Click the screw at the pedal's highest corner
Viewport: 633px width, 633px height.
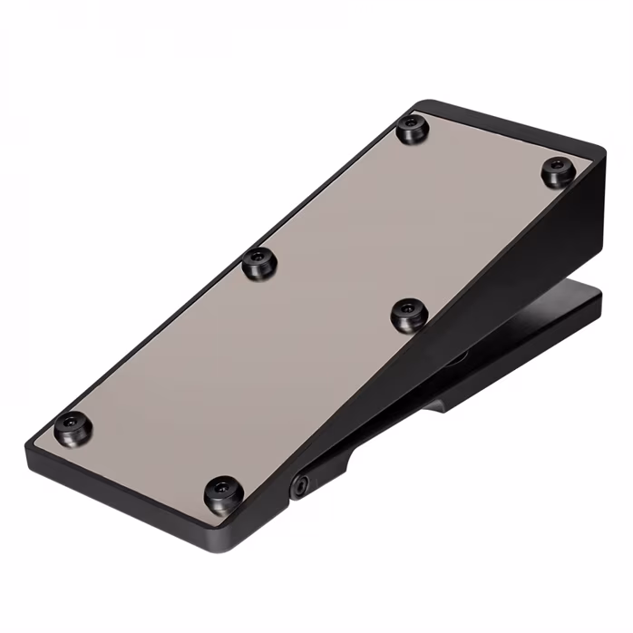(x=559, y=170)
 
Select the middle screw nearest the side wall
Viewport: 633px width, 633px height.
(x=409, y=315)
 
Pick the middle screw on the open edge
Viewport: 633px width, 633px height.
(x=259, y=264)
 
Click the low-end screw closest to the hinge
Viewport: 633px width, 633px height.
(x=222, y=494)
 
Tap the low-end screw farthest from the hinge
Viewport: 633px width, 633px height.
(x=73, y=426)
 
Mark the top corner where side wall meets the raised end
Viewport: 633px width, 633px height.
(x=599, y=150)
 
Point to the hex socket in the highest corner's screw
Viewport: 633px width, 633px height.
(x=559, y=168)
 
